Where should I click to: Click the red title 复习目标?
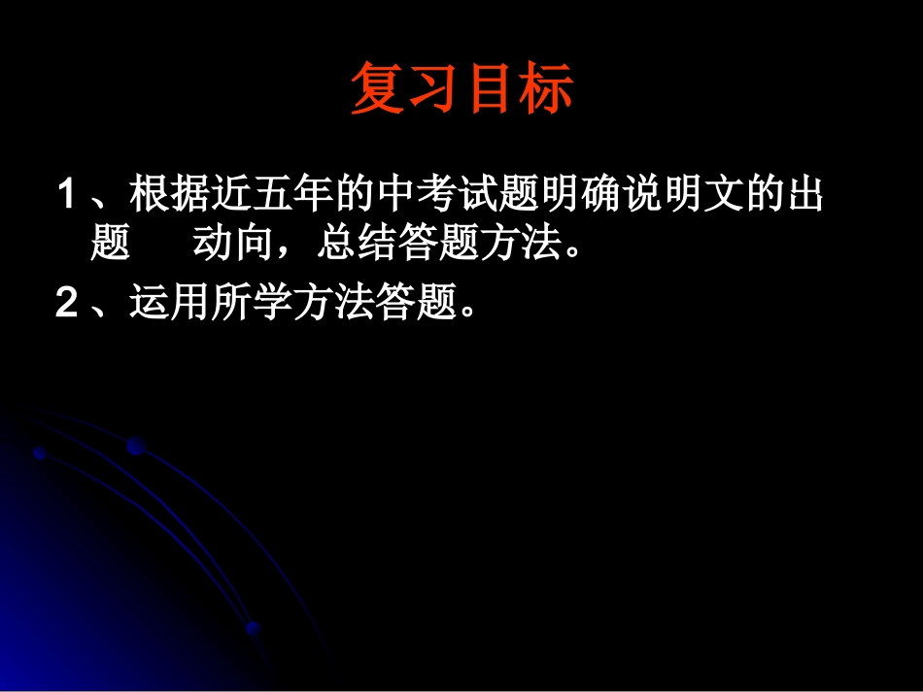coord(461,89)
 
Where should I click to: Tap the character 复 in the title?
coord(377,89)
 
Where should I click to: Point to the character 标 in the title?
coord(547,89)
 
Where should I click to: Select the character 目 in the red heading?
coord(491,89)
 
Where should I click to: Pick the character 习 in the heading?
coord(433,89)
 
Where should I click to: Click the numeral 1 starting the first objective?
coord(67,197)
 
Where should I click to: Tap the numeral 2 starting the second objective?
coord(67,305)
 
